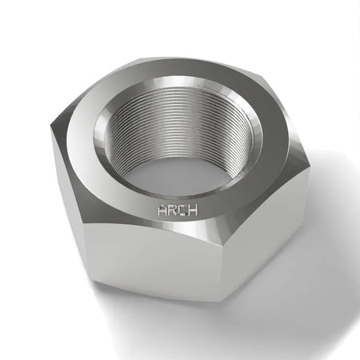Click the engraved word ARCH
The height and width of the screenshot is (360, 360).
click(x=178, y=210)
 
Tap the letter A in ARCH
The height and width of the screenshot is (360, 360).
click(x=162, y=210)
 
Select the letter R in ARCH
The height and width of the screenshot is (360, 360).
click(x=172, y=210)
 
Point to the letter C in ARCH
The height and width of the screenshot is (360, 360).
click(x=182, y=210)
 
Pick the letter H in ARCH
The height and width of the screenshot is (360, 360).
click(x=193, y=210)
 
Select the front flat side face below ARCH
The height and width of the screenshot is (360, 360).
click(x=152, y=262)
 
